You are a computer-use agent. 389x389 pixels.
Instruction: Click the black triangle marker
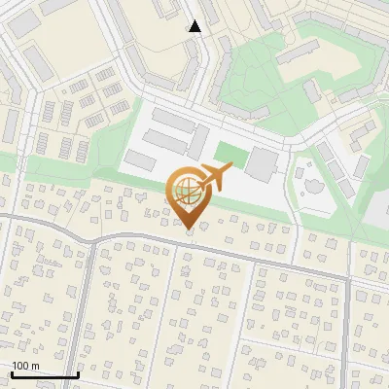[x=194, y=26]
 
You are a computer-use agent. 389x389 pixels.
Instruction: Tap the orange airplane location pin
[x=190, y=194]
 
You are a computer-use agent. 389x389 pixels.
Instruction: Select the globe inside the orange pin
[x=188, y=194]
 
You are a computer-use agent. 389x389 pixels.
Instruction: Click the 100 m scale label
[x=25, y=366]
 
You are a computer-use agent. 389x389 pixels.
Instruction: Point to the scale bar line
[x=44, y=374]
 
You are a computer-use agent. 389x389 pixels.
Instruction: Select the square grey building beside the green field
[x=261, y=163]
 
